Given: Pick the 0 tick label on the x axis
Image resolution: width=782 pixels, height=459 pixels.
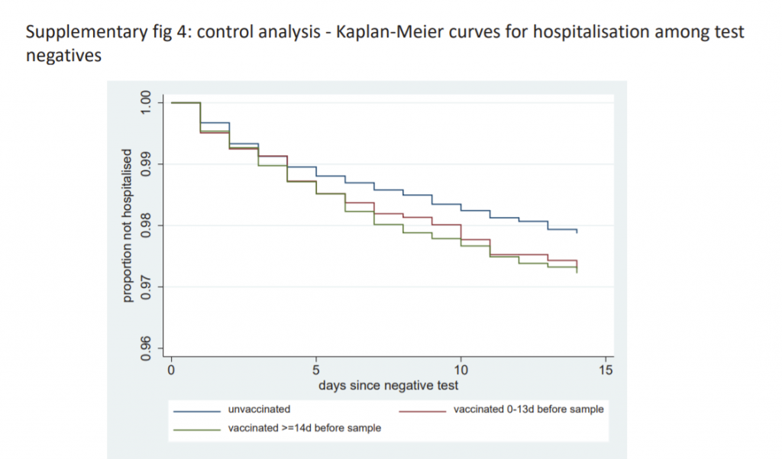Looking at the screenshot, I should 171,370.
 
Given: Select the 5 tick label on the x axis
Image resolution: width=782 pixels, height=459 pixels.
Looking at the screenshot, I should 316,370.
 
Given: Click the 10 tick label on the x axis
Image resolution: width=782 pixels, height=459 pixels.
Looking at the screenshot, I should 460,370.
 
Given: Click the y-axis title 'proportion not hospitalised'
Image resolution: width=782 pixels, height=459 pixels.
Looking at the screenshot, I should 128,225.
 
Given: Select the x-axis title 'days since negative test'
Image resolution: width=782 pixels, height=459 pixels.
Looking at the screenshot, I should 389,386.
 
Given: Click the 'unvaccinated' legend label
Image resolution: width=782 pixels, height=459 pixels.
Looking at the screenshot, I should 259,409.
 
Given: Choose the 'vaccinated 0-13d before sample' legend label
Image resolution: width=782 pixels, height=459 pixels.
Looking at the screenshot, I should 528,409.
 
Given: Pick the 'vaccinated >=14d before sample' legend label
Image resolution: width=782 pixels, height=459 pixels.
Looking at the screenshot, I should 304,428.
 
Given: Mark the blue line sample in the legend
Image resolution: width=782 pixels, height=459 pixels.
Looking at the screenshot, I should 197,410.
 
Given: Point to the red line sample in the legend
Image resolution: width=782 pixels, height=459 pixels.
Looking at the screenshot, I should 422,410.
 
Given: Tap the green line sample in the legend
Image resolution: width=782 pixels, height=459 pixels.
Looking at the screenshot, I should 197,429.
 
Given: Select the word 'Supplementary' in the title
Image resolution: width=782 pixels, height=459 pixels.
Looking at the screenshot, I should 77,34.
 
